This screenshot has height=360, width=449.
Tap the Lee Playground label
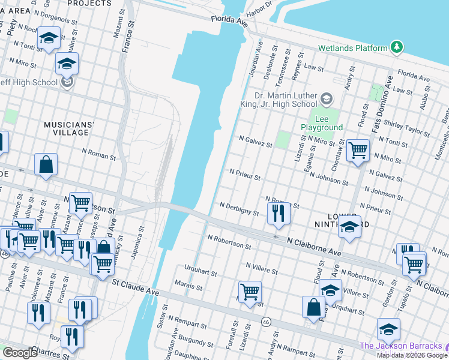coord(321,123)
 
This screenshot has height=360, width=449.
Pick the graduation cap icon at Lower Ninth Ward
coord(350,228)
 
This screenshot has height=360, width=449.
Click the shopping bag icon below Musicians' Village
coord(46,164)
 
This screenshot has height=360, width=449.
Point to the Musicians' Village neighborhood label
coord(69,129)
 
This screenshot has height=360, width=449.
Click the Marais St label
coord(188,287)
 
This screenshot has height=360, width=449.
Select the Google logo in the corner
coord(20,352)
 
